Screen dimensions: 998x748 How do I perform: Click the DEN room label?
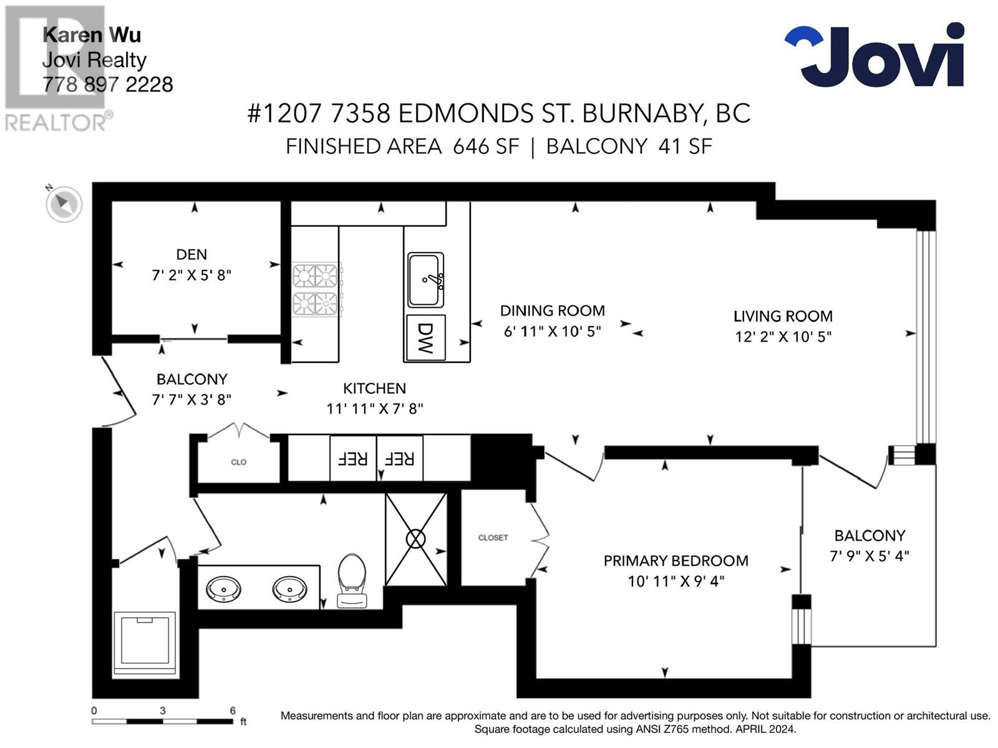[x=191, y=254]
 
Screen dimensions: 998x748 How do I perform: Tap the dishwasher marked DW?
[x=425, y=338]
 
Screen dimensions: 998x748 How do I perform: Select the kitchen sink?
[x=425, y=280]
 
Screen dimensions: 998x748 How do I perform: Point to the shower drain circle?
[x=415, y=539]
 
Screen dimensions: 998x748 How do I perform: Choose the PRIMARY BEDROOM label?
[x=676, y=561]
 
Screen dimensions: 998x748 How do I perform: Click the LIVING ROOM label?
[x=783, y=316]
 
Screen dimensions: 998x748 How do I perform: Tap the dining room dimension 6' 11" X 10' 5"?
[x=552, y=332]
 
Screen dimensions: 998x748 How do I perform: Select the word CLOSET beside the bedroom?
[x=493, y=538]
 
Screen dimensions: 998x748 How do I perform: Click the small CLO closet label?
[x=239, y=463]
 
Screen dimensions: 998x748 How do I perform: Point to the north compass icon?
[x=64, y=204]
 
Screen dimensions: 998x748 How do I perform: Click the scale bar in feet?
[x=162, y=721]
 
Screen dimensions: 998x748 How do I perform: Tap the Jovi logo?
[x=874, y=55]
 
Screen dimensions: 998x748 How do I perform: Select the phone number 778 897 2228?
[x=108, y=85]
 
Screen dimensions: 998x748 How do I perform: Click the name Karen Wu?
[x=92, y=35]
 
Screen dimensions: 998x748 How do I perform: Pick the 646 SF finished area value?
[x=485, y=146]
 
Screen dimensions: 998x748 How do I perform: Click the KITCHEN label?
[x=374, y=388]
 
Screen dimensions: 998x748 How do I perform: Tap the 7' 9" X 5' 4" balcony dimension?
[x=870, y=556]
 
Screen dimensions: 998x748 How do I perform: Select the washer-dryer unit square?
[x=145, y=645]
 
